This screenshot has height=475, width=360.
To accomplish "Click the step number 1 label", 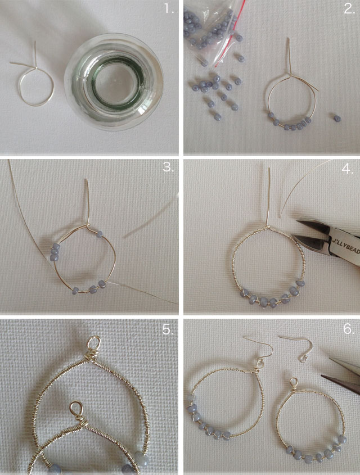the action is pos(169,9).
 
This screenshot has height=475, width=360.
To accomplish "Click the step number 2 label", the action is pos(349,9).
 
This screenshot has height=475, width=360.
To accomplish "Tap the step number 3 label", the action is pos(168,166).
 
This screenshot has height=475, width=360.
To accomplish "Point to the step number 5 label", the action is pos(168,329).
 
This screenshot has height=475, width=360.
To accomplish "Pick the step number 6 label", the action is pos(349,329).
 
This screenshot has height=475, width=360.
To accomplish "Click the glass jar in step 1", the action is pos(114,82).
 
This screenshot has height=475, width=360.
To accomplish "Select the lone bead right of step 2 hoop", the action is pos(337,119).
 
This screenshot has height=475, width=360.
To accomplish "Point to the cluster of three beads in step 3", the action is pos(55,252).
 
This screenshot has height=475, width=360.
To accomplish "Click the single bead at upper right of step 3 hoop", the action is pos(100,234).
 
